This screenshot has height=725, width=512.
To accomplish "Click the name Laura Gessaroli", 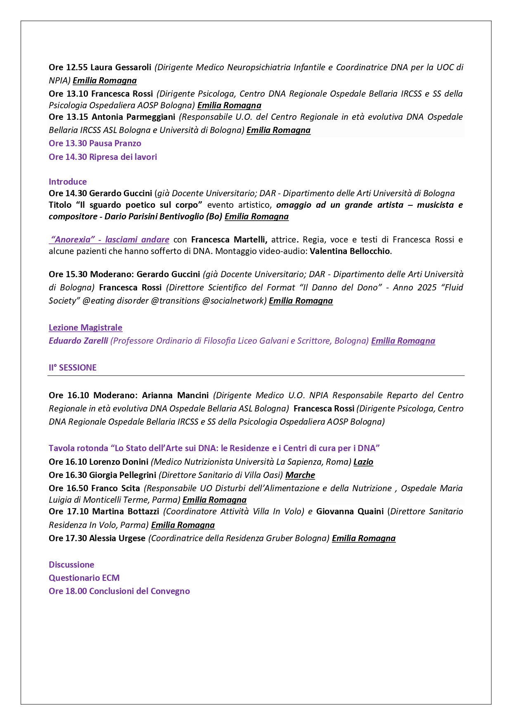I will (121, 67).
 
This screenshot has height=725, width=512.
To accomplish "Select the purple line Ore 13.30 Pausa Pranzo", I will (95, 143).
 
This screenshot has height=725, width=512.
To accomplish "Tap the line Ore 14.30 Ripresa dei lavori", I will (103, 157).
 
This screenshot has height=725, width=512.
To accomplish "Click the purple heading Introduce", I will (68, 182).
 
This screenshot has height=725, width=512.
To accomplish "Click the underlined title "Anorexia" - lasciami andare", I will (109, 240).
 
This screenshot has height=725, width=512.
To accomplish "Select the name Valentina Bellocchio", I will (350, 251).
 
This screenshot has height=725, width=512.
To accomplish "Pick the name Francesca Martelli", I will (229, 240).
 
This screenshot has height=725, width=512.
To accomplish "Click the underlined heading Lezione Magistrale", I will (85, 328).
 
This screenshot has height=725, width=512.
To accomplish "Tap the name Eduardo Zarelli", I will (78, 341).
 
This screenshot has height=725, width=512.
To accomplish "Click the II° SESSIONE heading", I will (73, 368).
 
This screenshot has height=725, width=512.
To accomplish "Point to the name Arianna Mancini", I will (175, 395).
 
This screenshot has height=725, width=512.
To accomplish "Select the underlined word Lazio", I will (363, 462).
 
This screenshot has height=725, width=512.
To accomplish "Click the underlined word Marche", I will (300, 475).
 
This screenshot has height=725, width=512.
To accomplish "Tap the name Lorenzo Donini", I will (119, 462).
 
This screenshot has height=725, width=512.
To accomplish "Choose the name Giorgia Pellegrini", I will (123, 475).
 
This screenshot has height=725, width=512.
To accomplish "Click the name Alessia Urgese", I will (117, 538).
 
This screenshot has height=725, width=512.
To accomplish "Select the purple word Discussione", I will (71, 565).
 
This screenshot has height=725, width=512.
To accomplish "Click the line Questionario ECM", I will (84, 578).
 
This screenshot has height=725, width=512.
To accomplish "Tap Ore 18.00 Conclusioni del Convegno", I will (119, 591).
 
